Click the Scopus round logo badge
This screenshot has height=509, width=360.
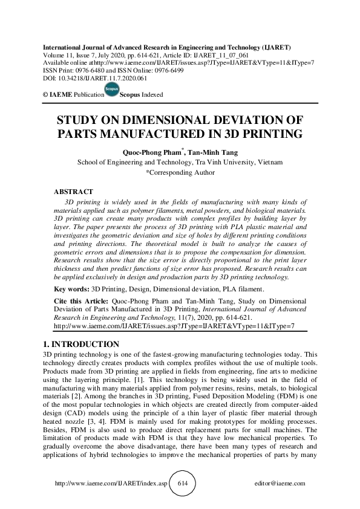coord(111,91)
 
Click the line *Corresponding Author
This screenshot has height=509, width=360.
coord(180,172)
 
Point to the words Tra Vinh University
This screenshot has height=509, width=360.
coord(229,162)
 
